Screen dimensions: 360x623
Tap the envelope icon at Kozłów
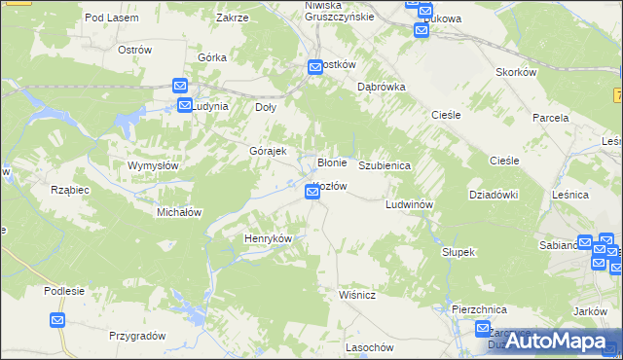tap(312, 193)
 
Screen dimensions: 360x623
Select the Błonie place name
tap(333, 162)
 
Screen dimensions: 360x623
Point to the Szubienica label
tap(385, 166)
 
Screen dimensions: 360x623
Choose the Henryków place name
tap(268, 238)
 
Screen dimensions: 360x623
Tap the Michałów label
tap(179, 212)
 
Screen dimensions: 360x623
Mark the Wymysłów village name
tap(153, 165)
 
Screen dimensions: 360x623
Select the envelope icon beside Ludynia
tap(184, 105)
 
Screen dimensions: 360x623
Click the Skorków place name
tap(517, 73)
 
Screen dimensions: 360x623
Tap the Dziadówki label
tap(493, 195)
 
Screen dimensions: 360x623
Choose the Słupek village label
tap(458, 252)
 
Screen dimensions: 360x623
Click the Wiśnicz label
tap(358, 292)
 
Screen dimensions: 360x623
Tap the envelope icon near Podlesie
tap(57, 320)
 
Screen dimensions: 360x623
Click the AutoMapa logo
tap(559, 341)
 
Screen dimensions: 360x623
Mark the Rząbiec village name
tap(70, 190)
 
